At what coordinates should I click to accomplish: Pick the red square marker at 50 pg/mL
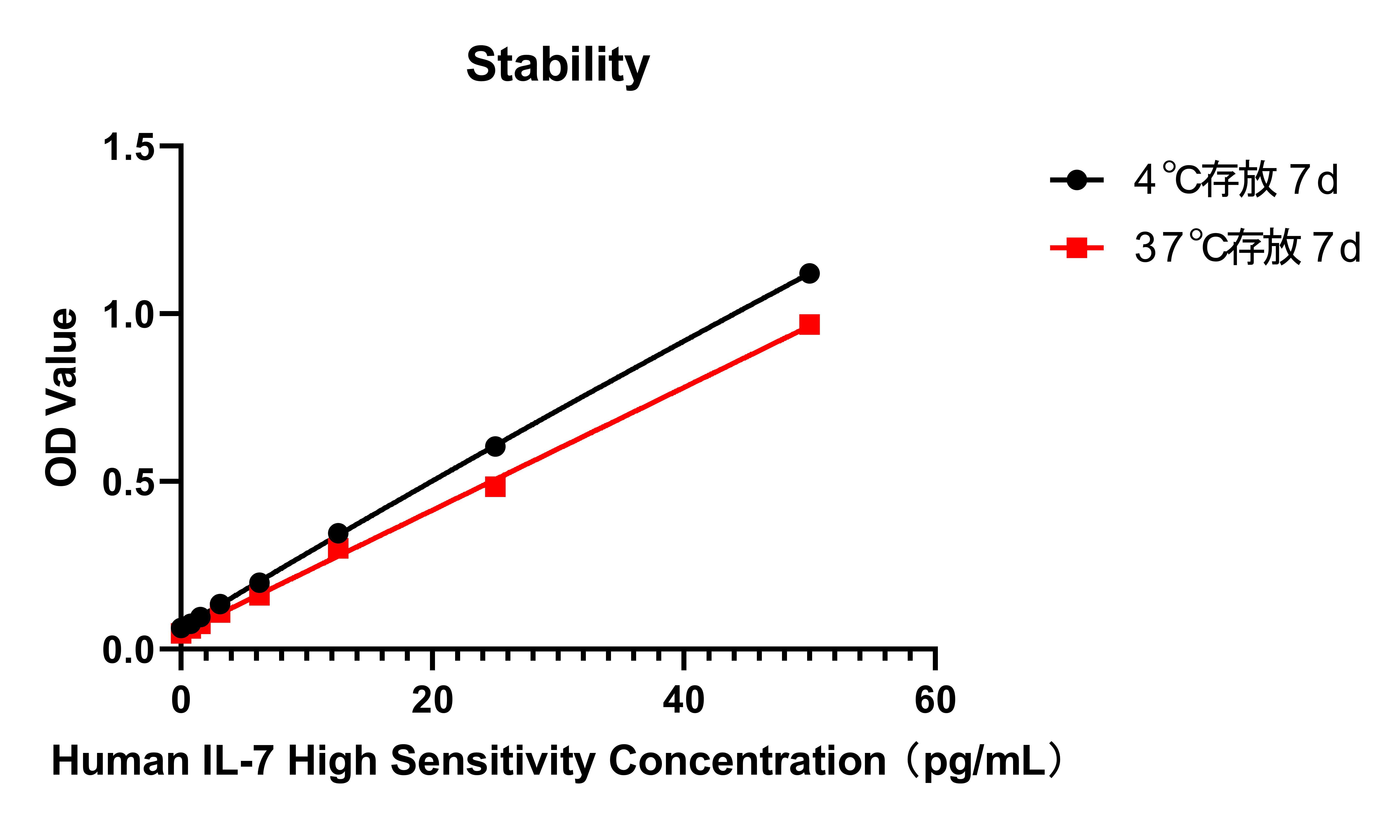[x=809, y=324]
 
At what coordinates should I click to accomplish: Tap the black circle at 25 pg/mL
[x=495, y=446]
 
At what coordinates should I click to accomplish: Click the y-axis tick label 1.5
[x=128, y=148]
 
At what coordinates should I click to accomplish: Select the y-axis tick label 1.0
[x=128, y=315]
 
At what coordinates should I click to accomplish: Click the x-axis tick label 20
[x=432, y=700]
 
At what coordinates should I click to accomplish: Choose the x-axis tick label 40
[x=683, y=700]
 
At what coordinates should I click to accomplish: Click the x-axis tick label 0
[x=181, y=700]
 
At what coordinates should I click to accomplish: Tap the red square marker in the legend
[x=1076, y=247]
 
